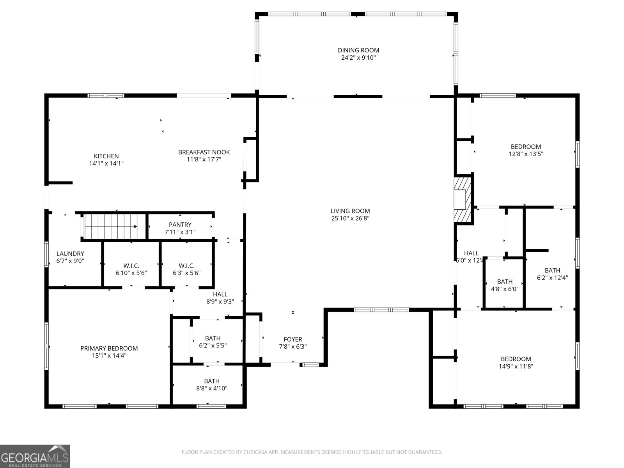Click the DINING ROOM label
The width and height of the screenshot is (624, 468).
coord(358,50)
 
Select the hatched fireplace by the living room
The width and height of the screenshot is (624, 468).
coord(463,200)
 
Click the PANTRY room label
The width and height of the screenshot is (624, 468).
coord(180,225)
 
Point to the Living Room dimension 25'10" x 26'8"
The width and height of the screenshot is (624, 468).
coord(350,218)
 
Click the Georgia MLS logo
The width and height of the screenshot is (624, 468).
coord(35,456)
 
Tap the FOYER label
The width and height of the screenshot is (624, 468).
coord(292,339)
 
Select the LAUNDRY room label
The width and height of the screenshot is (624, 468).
coord(70,253)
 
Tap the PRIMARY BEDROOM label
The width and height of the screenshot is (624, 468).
coord(109,348)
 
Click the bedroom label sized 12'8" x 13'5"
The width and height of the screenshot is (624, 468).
coord(526,147)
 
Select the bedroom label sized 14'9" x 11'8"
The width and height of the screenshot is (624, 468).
coord(516,359)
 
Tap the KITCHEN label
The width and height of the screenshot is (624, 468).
coord(106,156)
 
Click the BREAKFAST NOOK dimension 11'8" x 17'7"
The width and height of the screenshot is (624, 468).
coord(204,159)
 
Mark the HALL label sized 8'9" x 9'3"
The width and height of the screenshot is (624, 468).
coord(220,294)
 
